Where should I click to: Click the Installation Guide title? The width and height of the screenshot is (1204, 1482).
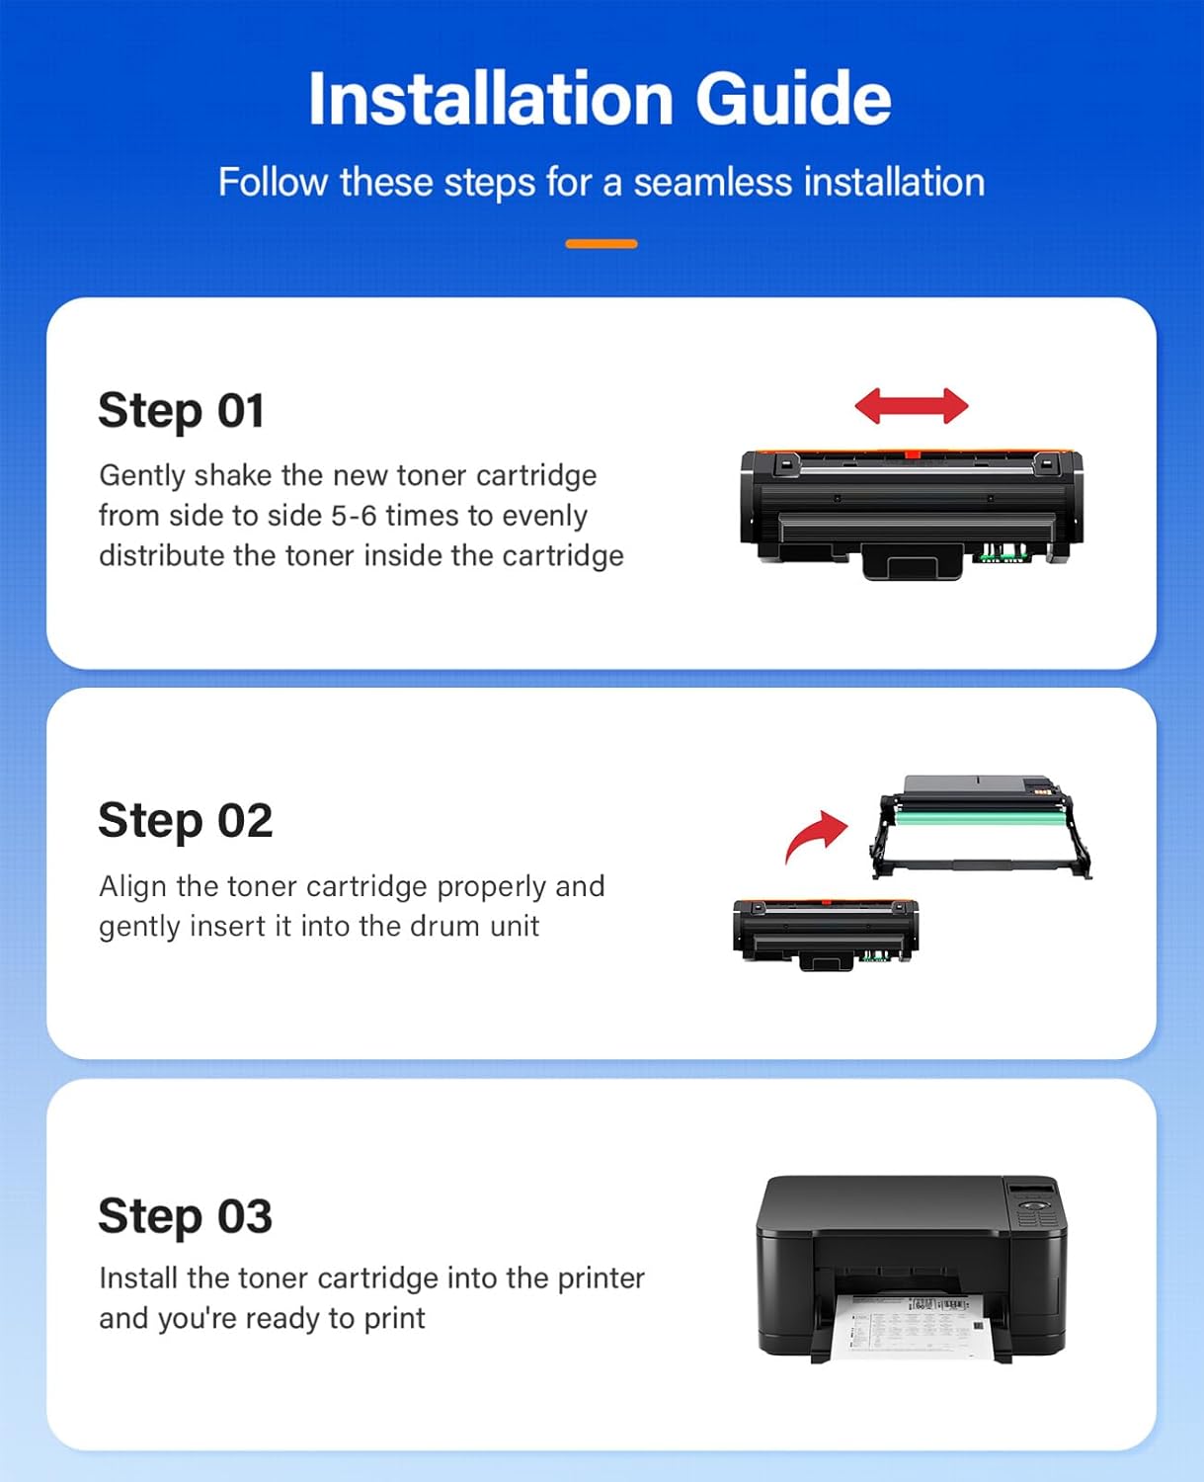coord(600,99)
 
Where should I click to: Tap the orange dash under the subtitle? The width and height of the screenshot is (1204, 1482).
coord(601,243)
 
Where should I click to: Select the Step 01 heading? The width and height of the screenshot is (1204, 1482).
coord(182,411)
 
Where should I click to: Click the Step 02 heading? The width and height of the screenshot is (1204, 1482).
coord(185,821)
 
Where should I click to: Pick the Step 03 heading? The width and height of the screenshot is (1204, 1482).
coord(185,1216)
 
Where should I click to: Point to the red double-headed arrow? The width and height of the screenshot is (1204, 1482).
coord(911,406)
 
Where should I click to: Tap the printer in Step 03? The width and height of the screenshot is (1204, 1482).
coord(911,1255)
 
